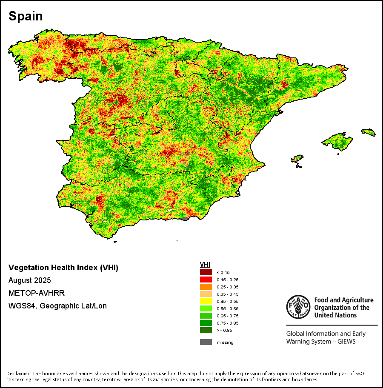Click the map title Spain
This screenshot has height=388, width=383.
point(26,16)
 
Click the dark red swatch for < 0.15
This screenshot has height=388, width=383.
point(206,272)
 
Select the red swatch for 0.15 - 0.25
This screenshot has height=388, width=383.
point(206,280)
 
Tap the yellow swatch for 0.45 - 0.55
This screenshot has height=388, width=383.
point(206,301)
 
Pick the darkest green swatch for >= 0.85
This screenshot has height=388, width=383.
point(206,330)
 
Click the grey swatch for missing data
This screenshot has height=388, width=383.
point(206,342)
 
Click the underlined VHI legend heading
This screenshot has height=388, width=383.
point(205,265)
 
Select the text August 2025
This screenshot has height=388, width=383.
point(30,280)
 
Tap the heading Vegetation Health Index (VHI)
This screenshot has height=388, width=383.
point(63,268)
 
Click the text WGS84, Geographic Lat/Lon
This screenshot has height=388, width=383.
point(57,306)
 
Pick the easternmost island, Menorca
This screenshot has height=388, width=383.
point(369,133)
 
